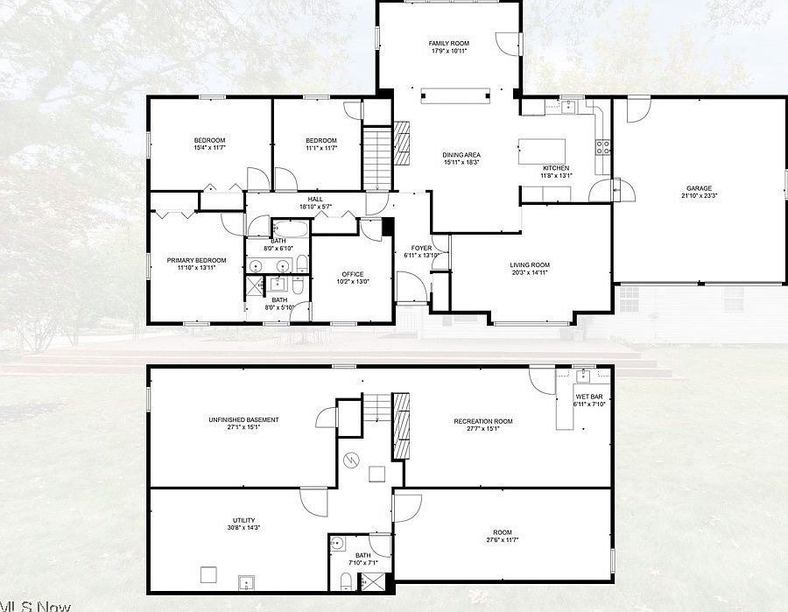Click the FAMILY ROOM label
(x=448, y=43)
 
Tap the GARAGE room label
(x=698, y=188)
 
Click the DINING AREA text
(x=461, y=155)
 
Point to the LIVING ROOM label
(x=530, y=264)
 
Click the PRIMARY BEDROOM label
(x=196, y=260)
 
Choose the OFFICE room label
(x=352, y=274)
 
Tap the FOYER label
(x=421, y=248)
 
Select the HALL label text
(x=315, y=200)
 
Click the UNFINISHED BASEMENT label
(x=243, y=420)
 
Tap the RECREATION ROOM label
(x=482, y=421)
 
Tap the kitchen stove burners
(x=602, y=147)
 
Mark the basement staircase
(x=376, y=407)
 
